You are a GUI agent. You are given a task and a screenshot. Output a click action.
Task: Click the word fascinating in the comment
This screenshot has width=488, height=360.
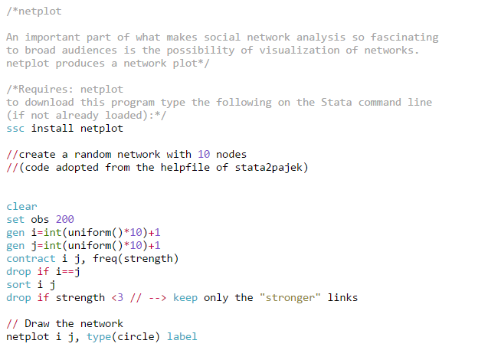tap(404, 38)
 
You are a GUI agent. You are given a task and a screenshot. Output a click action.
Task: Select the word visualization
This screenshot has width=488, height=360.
tap(300, 51)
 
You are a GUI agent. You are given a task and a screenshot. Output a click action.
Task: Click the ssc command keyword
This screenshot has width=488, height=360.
tap(15, 129)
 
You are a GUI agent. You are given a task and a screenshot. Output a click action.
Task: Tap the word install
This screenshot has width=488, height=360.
tap(52, 128)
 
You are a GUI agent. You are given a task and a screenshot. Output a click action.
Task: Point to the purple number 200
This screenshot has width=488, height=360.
tap(64, 219)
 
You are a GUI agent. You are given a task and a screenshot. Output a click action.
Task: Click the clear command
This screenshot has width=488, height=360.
tap(21, 206)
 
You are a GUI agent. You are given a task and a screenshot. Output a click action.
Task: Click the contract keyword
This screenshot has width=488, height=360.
tap(31, 259)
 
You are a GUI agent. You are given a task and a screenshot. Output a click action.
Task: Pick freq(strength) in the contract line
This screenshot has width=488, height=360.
tap(136, 259)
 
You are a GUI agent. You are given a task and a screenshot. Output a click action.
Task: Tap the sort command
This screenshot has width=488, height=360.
tap(18, 285)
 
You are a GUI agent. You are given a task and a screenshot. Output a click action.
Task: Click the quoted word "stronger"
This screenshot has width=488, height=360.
tap(290, 298)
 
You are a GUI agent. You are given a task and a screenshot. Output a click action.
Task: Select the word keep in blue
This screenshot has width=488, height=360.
tap(185, 298)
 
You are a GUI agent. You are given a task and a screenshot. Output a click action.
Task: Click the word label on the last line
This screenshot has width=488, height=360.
tap(182, 337)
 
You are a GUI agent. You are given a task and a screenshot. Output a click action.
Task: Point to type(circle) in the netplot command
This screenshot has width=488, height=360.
tap(123, 337)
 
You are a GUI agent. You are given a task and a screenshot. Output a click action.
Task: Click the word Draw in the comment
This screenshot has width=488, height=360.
tap(37, 323)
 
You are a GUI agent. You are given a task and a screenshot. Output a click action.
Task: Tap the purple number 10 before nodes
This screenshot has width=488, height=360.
tap(204, 154)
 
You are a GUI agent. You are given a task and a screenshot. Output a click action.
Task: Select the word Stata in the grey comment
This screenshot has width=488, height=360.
tap(336, 103)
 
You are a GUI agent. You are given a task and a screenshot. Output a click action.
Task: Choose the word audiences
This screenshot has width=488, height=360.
tap(90, 51)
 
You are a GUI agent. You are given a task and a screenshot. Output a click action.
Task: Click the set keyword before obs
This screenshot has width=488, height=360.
tap(15, 220)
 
